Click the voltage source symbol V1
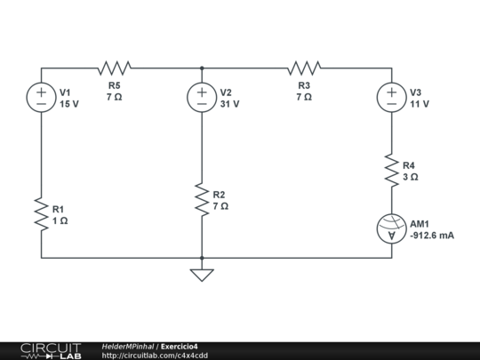41,97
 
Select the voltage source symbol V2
202,97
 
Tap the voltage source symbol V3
391,97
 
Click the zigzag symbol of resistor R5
115,68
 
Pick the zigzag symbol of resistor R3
304,68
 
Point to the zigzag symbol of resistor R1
41,213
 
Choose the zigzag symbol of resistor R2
202,199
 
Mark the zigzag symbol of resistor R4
391,170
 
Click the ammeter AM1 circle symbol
391,228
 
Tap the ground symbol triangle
202,274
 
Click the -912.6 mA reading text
432,236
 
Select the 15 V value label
69,104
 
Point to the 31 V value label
230,104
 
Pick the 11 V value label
420,104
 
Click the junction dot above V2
202,68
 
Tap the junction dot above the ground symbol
202,258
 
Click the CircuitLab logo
51,350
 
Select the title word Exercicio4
180,346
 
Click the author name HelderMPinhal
128,346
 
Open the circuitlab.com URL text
156,356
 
